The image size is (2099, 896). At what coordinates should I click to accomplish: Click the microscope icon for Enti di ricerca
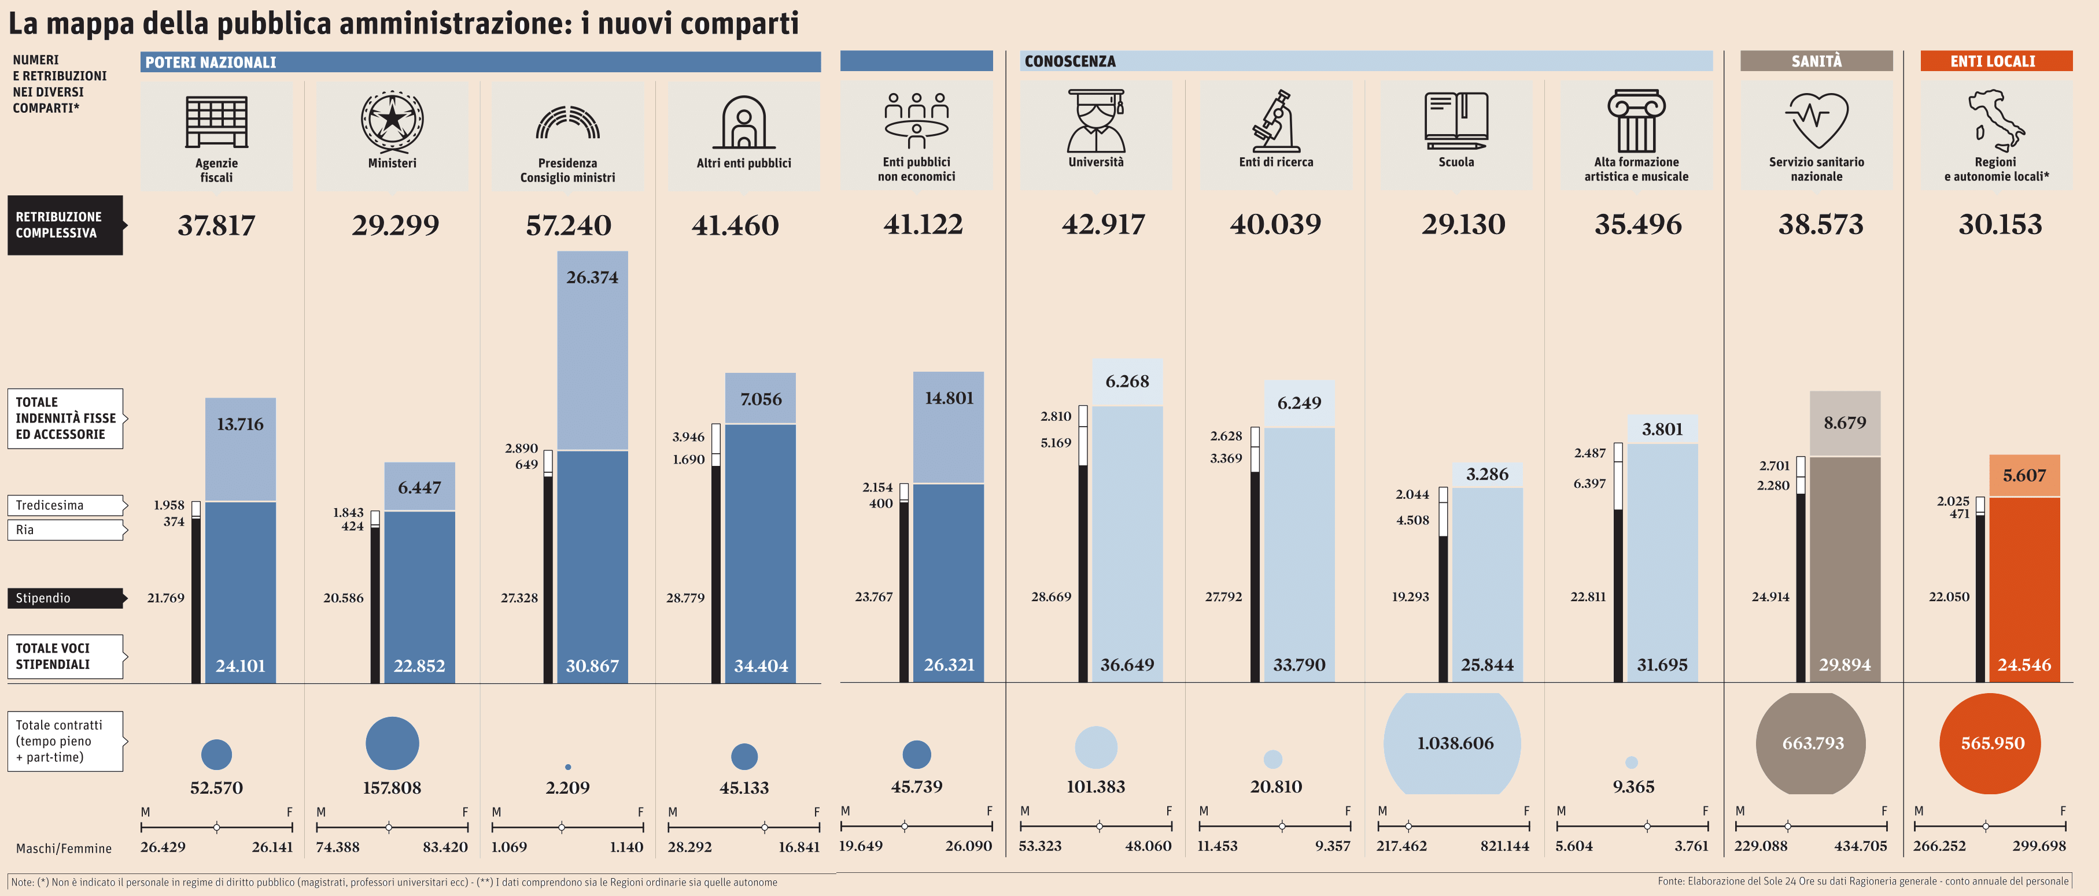point(1275,121)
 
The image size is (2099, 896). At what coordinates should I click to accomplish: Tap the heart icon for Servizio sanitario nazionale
point(1816,119)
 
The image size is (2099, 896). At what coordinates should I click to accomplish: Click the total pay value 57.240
point(568,225)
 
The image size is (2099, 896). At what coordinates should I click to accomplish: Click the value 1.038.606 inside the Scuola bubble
point(1455,743)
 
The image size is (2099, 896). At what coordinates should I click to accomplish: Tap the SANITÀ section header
point(1816,61)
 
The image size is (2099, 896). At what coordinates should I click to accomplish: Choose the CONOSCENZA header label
point(1070,61)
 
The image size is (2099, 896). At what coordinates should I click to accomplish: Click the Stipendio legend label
point(43,598)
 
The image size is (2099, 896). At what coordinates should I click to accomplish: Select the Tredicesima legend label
point(50,505)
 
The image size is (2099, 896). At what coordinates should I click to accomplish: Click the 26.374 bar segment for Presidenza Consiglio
point(592,350)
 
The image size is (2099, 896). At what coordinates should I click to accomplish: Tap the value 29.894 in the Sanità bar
point(1845,665)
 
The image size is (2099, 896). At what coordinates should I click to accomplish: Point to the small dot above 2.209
point(568,767)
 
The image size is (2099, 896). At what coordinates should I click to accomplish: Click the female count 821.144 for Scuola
point(1504,846)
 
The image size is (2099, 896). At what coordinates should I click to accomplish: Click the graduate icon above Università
point(1096,121)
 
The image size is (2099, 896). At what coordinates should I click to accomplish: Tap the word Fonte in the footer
point(1670,882)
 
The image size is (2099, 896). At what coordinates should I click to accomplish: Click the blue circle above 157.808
point(392,743)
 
